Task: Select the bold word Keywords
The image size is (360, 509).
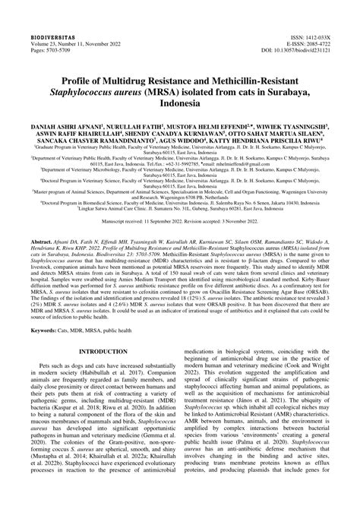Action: pos(49,330)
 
